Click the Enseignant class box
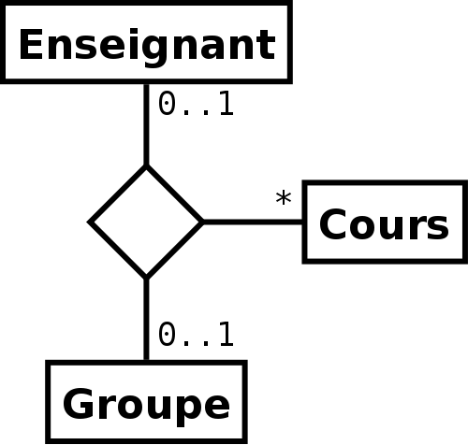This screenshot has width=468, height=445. click(146, 42)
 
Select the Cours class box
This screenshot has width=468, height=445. click(385, 222)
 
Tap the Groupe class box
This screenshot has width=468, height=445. click(146, 402)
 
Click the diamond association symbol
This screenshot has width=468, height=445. click(146, 222)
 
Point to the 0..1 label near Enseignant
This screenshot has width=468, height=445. click(196, 104)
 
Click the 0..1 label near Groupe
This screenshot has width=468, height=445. click(196, 335)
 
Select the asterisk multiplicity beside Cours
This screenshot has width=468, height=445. click(284, 198)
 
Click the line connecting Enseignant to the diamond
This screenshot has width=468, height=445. click(146, 124)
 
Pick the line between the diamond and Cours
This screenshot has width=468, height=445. click(253, 222)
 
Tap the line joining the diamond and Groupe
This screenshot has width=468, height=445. click(146, 320)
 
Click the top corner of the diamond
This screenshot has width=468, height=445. click(146, 165)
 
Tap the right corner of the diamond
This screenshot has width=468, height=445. click(204, 222)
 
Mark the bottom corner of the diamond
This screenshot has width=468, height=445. click(146, 280)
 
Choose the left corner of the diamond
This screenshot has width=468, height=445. click(87, 222)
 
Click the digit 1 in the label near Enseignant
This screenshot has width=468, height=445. click(227, 104)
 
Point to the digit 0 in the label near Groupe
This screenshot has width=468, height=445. click(166, 335)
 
